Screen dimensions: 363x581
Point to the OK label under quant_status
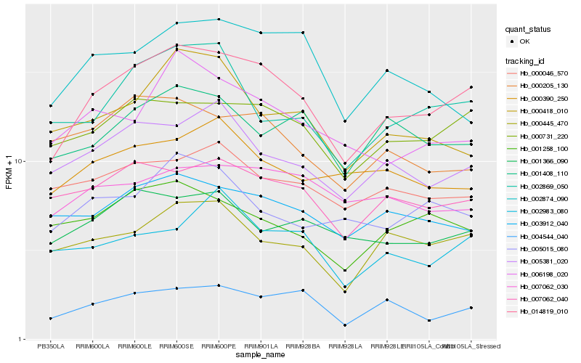[x=524, y=41]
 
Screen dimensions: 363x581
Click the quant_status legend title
[x=528, y=30]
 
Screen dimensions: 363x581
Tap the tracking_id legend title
[x=527, y=61]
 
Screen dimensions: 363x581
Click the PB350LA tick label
[x=51, y=346]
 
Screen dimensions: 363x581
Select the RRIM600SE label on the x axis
[x=177, y=346]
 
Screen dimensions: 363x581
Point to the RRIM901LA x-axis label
[x=261, y=346]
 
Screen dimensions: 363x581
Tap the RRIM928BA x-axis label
[x=303, y=346]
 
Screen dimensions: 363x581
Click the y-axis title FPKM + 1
[x=9, y=171]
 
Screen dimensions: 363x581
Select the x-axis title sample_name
[x=261, y=356]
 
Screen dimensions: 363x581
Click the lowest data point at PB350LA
[x=51, y=318]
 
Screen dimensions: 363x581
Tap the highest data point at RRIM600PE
[x=219, y=20]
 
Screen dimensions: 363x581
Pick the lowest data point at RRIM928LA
[x=345, y=325]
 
